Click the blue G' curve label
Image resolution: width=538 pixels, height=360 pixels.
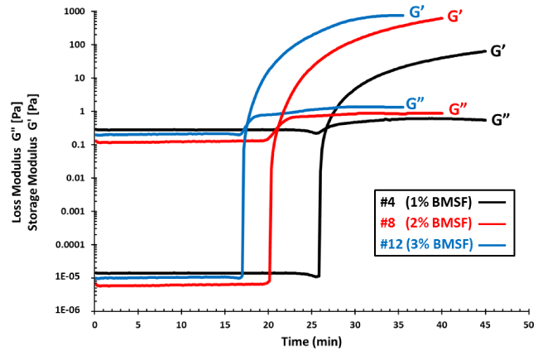point(418,12)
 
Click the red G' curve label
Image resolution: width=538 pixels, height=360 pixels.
point(455,16)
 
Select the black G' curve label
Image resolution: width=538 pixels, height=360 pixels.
point(498,50)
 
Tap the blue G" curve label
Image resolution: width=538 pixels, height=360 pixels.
point(416,103)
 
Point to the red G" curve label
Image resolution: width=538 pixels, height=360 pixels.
point(459,108)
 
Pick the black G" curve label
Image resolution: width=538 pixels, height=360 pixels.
point(501,119)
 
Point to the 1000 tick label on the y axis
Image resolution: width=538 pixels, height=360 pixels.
point(74,12)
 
